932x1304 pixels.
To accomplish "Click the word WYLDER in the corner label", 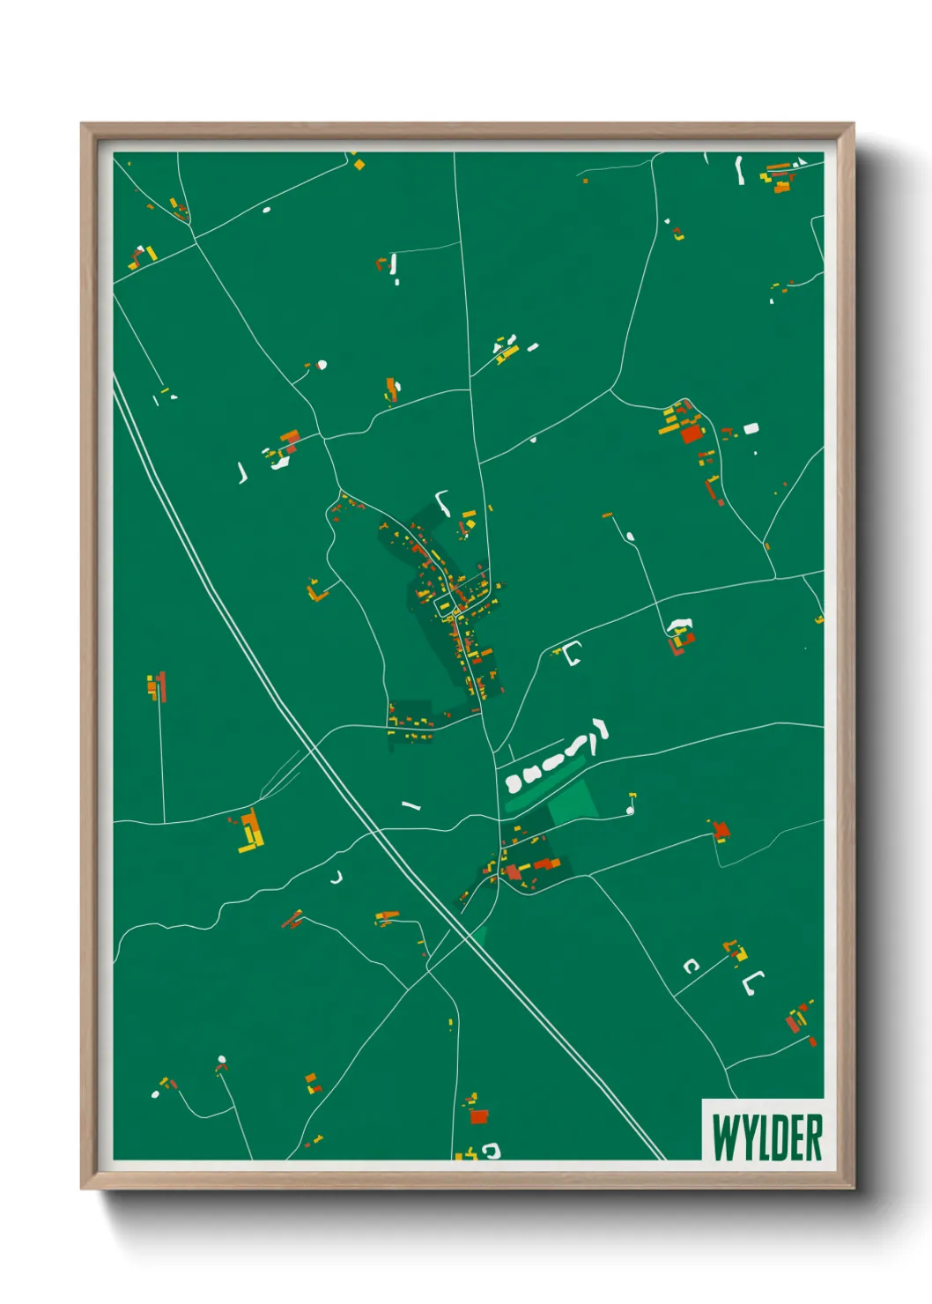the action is [x=766, y=1137].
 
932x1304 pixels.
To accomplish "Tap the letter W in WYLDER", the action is [x=724, y=1137].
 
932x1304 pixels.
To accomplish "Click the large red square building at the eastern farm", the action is [x=692, y=433].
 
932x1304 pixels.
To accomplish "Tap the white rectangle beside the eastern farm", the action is [x=751, y=428].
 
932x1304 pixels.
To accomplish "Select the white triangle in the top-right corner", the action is [x=801, y=162].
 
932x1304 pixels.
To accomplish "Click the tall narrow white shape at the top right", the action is [x=740, y=170].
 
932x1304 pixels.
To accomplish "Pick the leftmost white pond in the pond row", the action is [x=514, y=783].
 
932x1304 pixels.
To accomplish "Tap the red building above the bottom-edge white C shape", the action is [x=478, y=1116].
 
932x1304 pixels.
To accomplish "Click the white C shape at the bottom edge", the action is [x=492, y=1150].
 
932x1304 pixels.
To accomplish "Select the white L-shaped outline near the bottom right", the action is [x=751, y=982].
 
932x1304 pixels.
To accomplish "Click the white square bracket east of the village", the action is [x=573, y=653].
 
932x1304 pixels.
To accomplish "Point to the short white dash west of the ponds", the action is [x=411, y=805].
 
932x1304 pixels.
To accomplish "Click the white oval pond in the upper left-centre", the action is [x=322, y=365].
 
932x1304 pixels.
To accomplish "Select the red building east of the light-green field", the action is [x=721, y=830].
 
